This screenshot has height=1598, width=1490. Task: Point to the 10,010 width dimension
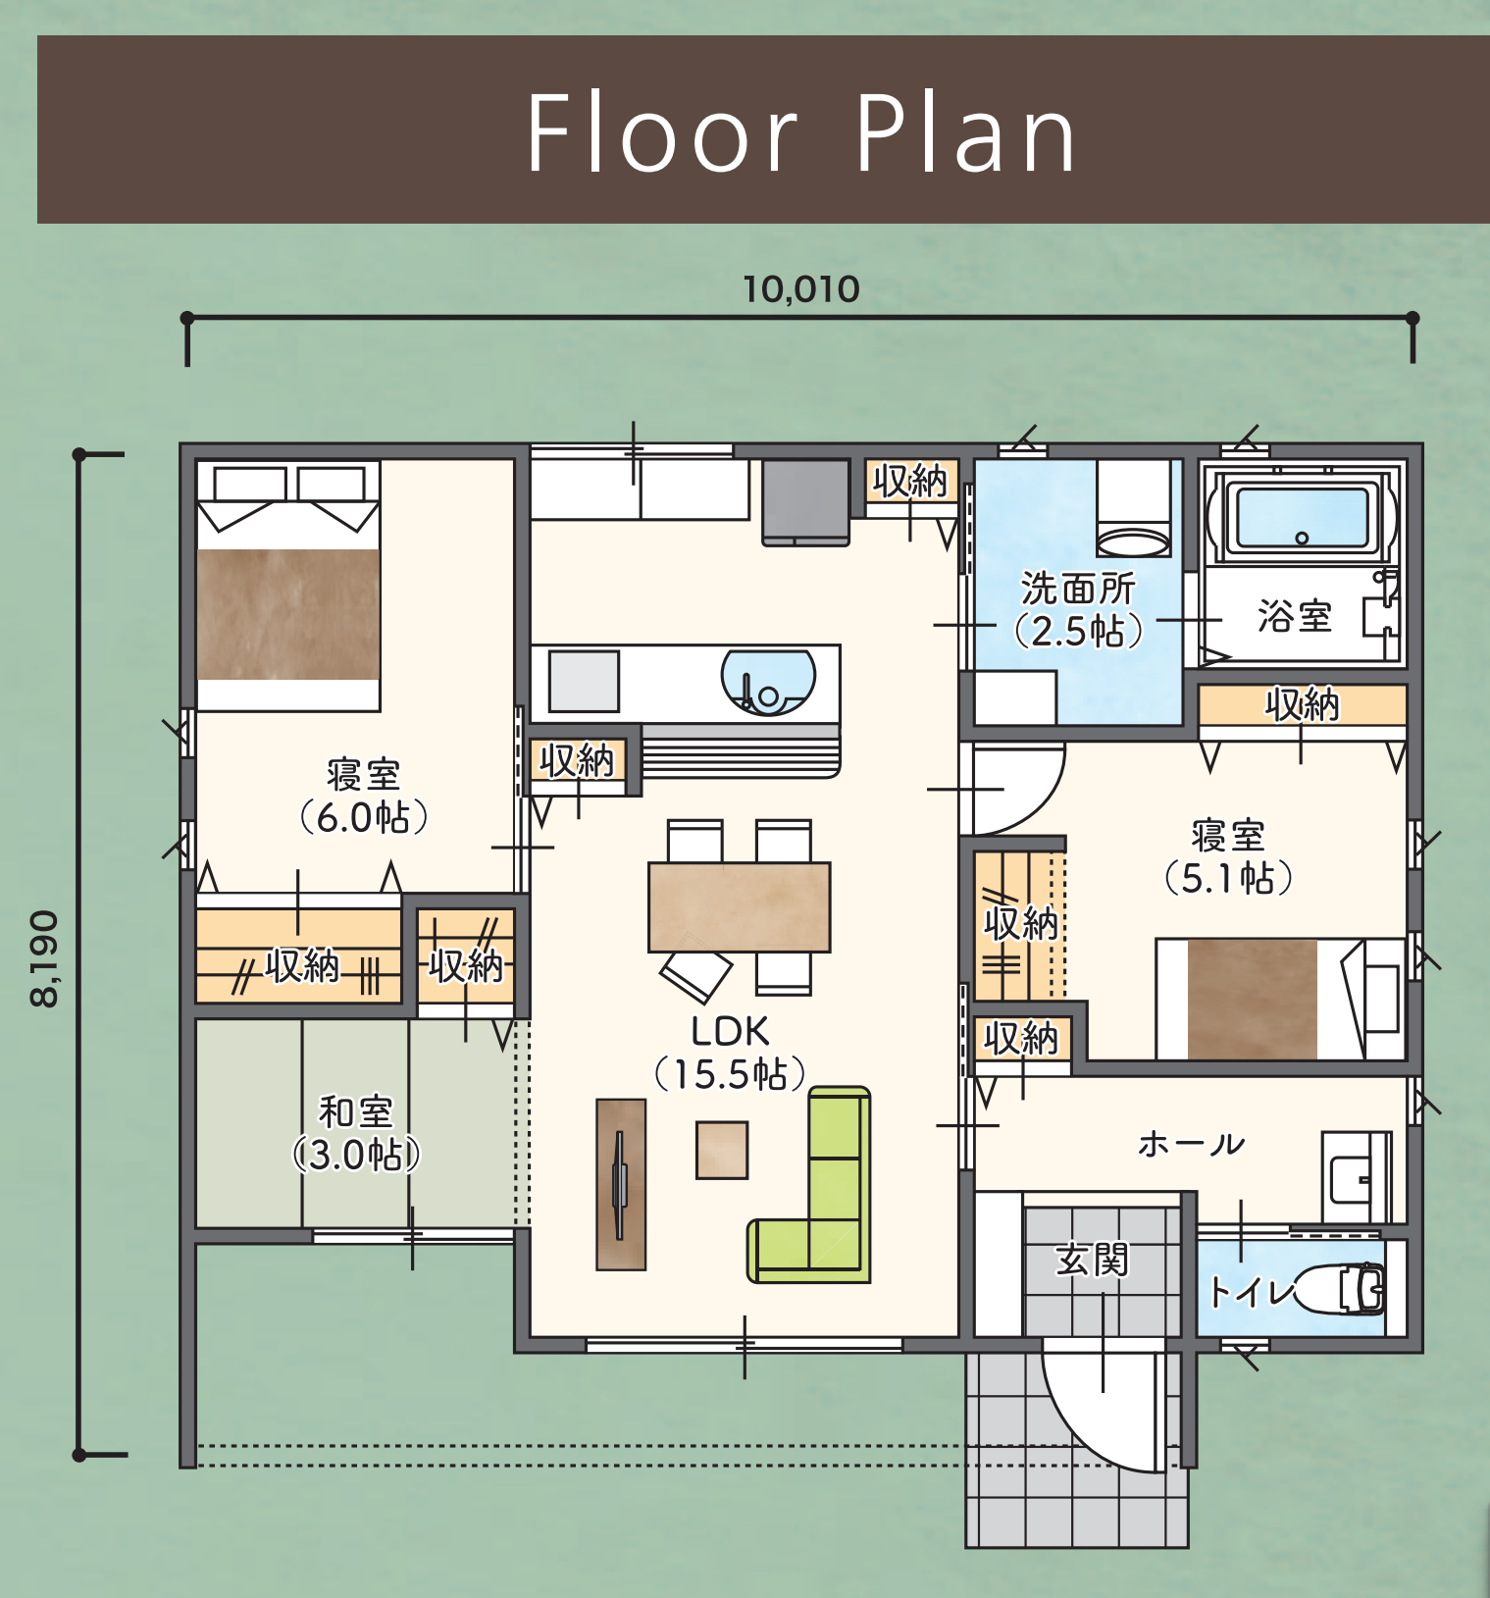(801, 289)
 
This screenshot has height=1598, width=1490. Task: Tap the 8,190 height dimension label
(45, 958)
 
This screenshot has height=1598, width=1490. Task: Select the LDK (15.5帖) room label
(730, 1053)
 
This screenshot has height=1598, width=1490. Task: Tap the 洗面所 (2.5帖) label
(1078, 609)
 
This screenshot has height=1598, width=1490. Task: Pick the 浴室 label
(1295, 616)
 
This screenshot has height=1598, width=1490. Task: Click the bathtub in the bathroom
(1302, 516)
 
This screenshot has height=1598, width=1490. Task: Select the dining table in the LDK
(740, 907)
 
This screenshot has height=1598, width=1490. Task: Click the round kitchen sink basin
(768, 682)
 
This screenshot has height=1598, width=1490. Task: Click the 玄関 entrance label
(1092, 1260)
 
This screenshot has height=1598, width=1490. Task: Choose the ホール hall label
(1192, 1144)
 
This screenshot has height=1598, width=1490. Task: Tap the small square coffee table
(722, 1150)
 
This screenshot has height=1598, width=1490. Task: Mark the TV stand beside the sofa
(621, 1184)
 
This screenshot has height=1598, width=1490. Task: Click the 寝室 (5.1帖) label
(1228, 857)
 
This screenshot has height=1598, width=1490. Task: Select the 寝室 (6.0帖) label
(364, 796)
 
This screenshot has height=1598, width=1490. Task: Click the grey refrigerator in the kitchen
(806, 501)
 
